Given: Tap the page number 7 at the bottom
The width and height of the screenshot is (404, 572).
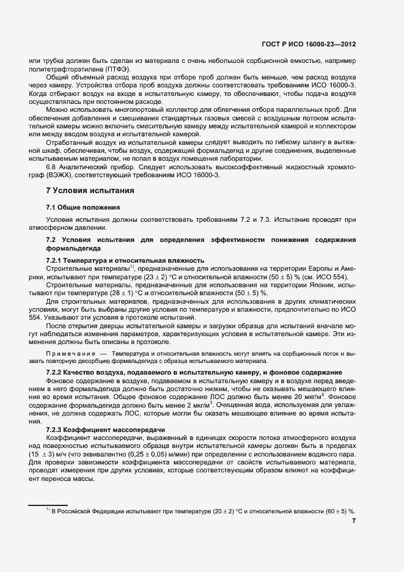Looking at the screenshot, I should click(354, 521).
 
